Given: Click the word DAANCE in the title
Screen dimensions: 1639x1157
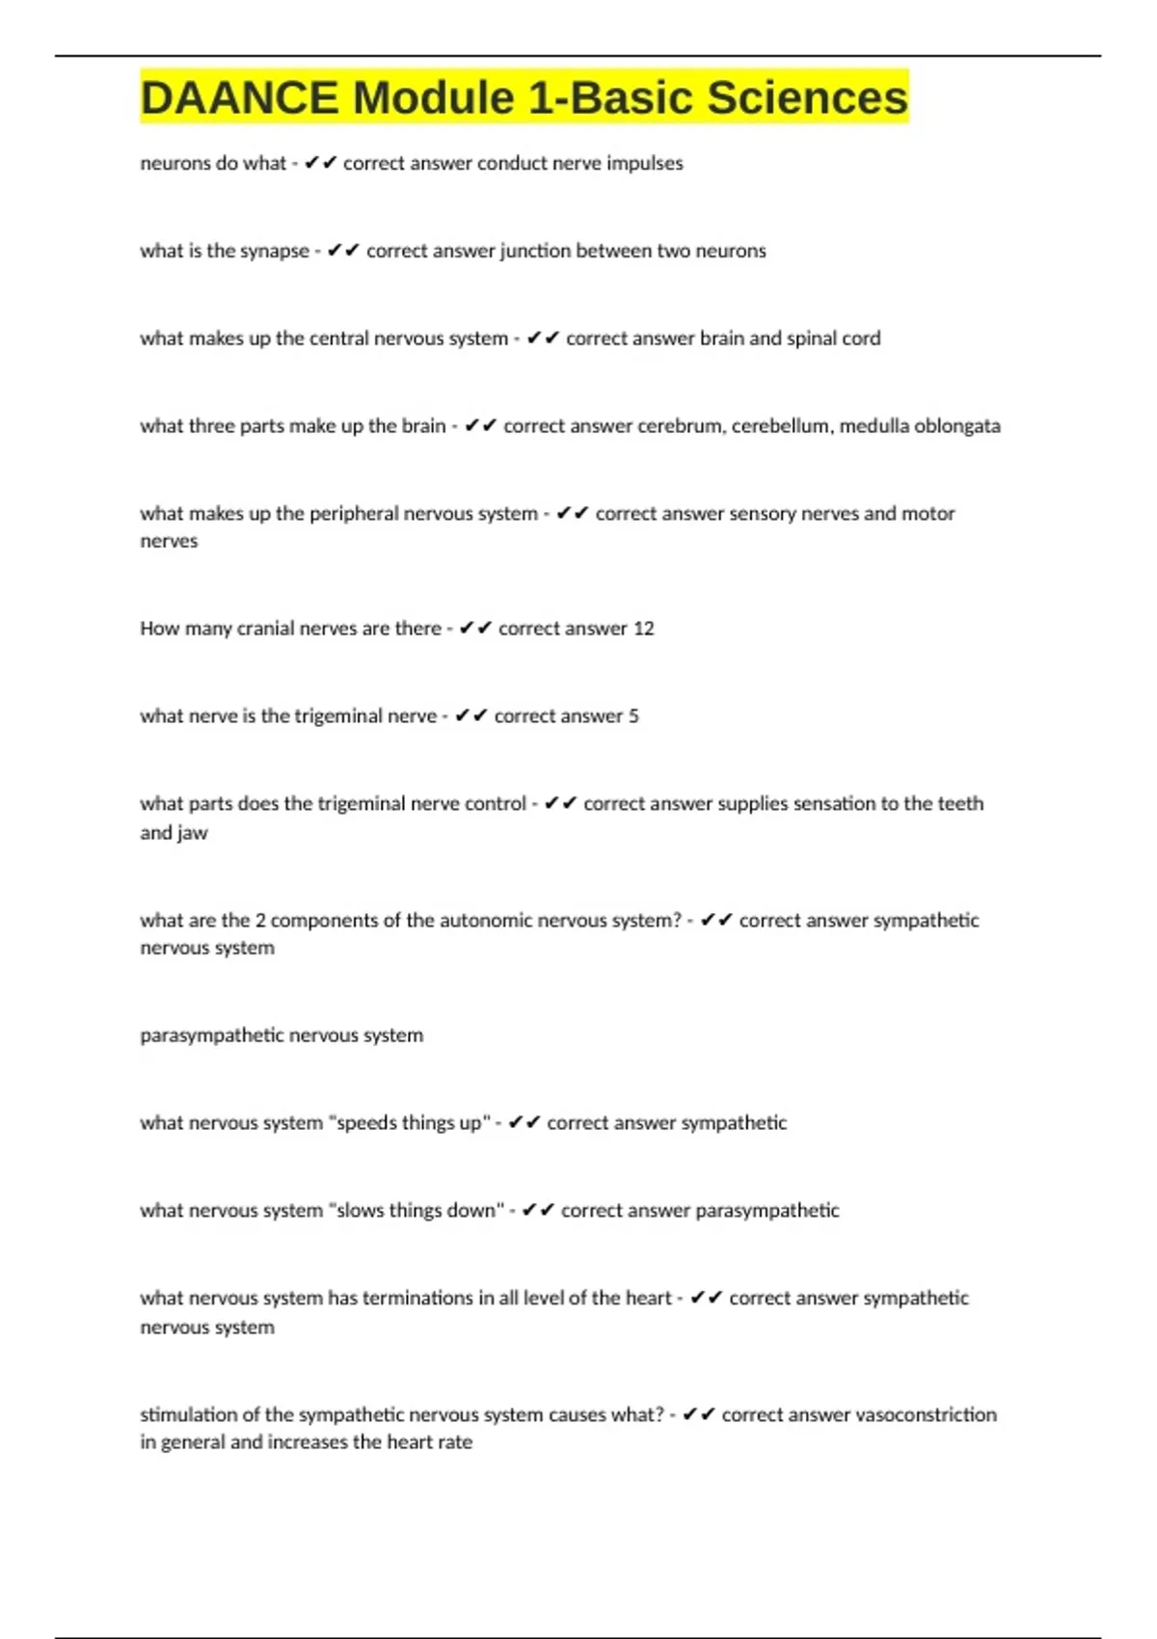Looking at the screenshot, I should (x=239, y=98).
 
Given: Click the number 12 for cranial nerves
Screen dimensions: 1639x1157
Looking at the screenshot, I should (x=643, y=629).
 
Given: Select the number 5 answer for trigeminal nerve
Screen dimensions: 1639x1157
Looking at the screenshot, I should (x=633, y=716).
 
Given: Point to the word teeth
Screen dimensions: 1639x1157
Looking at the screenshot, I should (x=959, y=804).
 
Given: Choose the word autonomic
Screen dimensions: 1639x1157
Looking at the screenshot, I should (x=488, y=921).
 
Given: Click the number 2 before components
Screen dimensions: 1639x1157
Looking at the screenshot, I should (x=260, y=921).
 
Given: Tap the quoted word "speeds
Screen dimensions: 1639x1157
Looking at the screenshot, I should (x=363, y=1123).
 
